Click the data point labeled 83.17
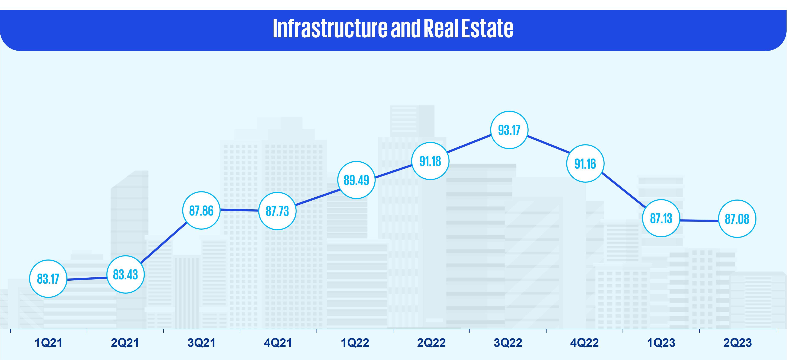pyautogui.click(x=48, y=278)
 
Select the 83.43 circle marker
pyautogui.click(x=125, y=274)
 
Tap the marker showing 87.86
pyautogui.click(x=201, y=210)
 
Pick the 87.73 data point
pyautogui.click(x=277, y=211)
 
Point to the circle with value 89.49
pyautogui.click(x=356, y=180)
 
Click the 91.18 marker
pyautogui.click(x=430, y=161)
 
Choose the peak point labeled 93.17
pyautogui.click(x=509, y=130)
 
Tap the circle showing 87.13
pyautogui.click(x=661, y=218)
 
